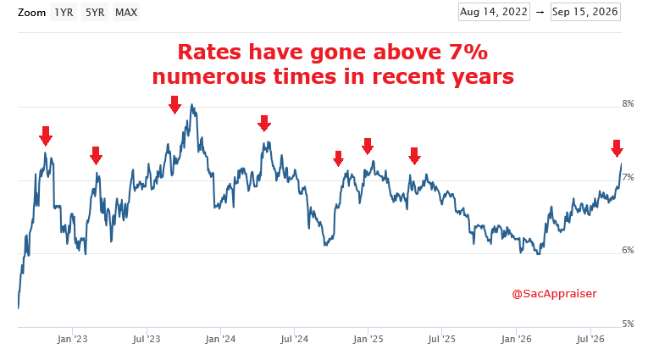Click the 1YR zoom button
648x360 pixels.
tap(64, 13)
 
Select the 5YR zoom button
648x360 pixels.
tap(95, 13)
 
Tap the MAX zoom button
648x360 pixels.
tap(126, 13)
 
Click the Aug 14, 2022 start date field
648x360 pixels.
tap(494, 12)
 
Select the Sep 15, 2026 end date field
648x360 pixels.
tap(585, 12)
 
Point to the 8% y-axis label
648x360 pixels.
tap(628, 103)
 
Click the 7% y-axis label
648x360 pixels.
tap(628, 177)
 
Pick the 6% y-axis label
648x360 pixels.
tap(628, 250)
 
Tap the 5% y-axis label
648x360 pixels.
tap(628, 324)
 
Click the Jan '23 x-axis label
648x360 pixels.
tap(72, 340)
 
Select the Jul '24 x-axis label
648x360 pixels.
tap(294, 340)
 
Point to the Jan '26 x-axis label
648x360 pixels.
tap(516, 340)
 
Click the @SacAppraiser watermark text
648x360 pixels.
tap(554, 294)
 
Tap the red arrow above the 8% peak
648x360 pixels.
tap(174, 104)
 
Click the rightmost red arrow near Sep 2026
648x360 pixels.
tap(617, 148)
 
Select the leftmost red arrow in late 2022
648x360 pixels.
tap(46, 136)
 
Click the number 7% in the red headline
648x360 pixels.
tap(468, 52)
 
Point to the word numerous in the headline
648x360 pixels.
tap(208, 77)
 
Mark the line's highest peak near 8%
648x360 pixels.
tap(191, 104)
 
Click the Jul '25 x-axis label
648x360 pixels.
tap(442, 340)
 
